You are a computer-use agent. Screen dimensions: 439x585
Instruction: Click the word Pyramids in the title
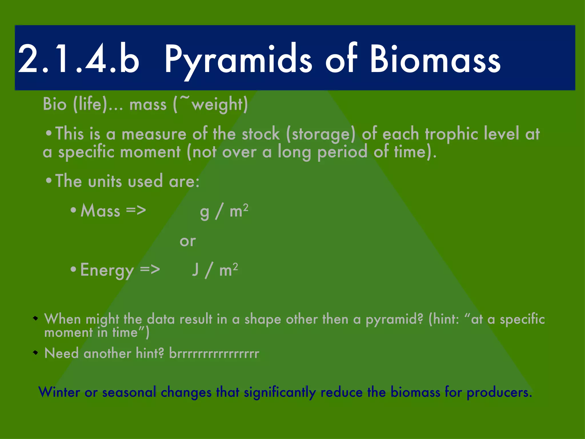coord(239,59)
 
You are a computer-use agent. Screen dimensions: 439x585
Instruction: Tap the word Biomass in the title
coord(435,59)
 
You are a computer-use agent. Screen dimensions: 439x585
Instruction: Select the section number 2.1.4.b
coord(79,59)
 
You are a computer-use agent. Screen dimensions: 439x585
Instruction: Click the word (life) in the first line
coord(90,104)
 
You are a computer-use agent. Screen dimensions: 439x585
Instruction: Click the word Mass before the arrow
coord(100,211)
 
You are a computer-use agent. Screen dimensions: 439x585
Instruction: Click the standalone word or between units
coord(188,241)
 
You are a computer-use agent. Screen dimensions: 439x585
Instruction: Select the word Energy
coord(107,270)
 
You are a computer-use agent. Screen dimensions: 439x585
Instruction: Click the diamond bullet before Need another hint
coord(35,353)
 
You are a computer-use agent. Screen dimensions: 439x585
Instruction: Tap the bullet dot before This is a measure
coord(49,133)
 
